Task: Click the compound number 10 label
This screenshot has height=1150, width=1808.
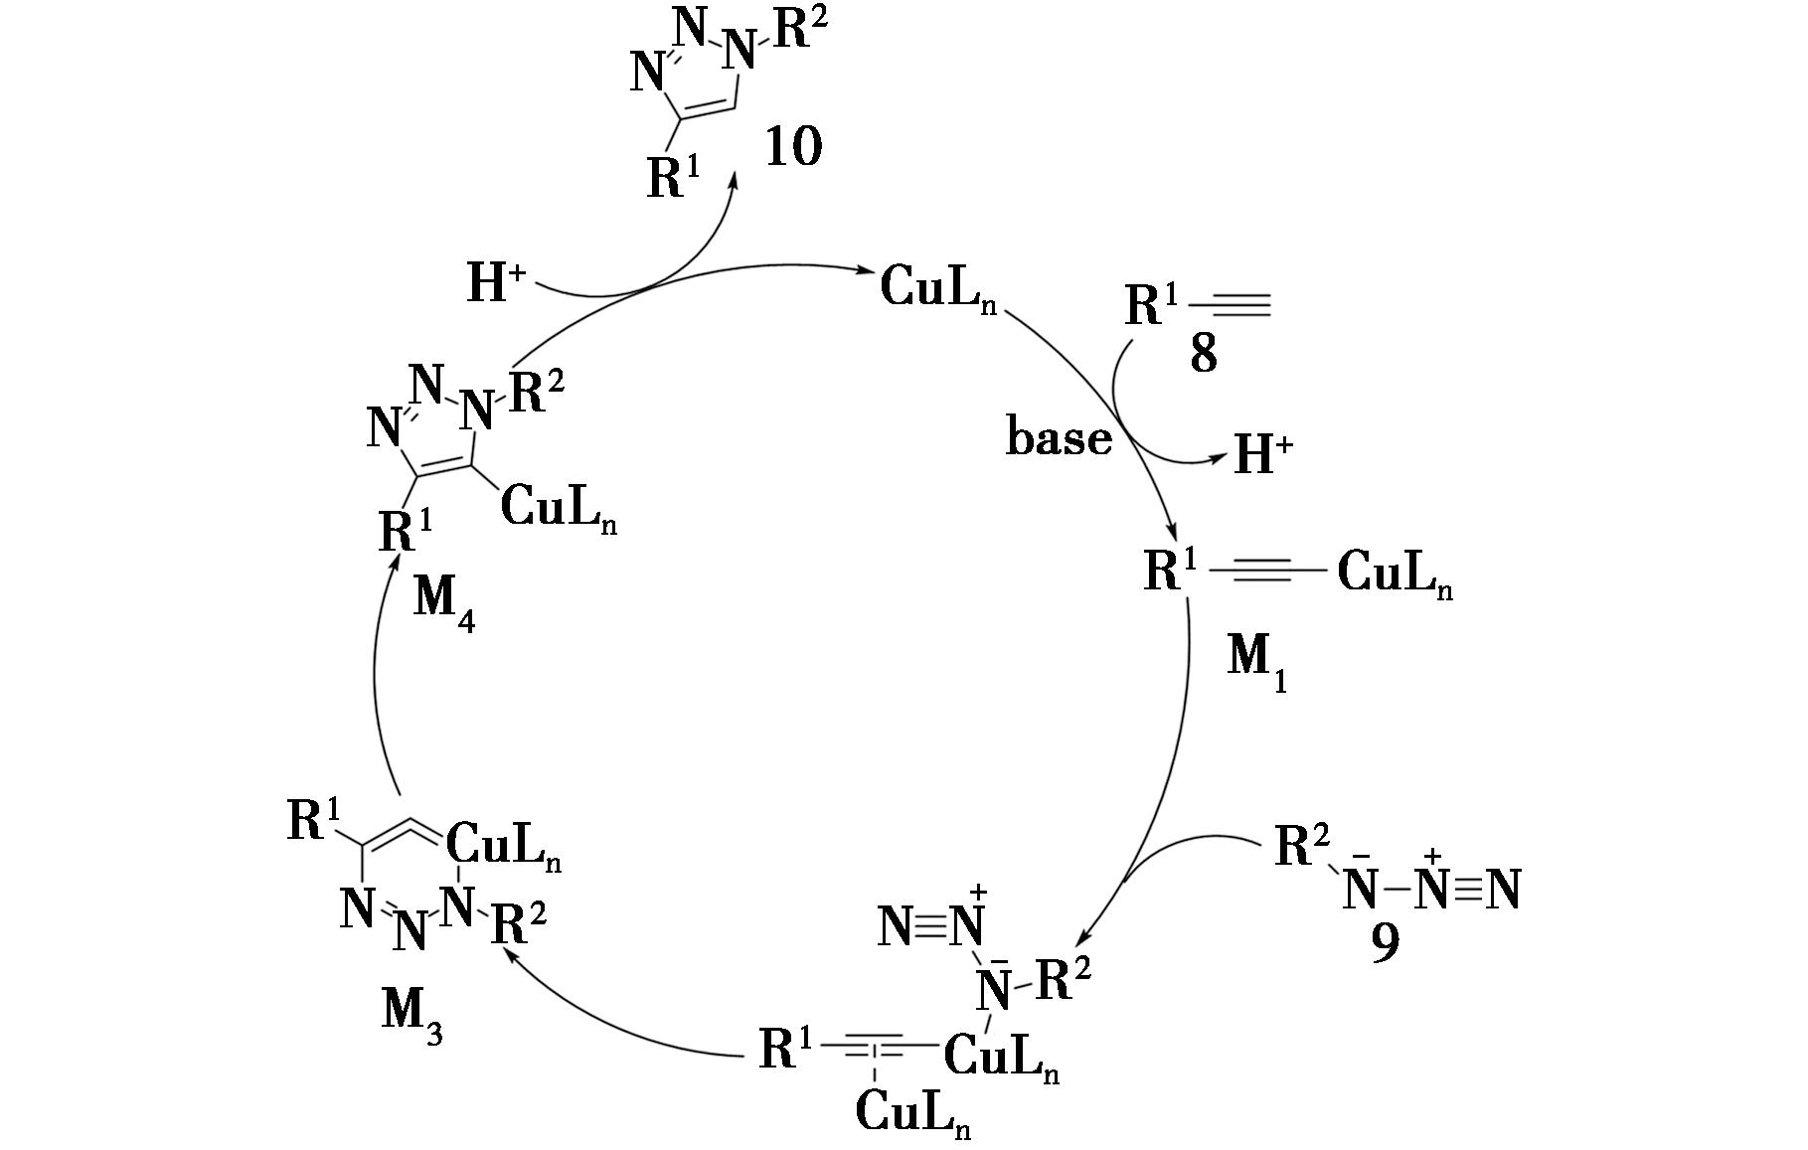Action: (x=793, y=148)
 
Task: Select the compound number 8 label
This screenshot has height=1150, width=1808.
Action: (x=1203, y=354)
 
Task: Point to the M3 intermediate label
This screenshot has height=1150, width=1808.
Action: (x=411, y=1016)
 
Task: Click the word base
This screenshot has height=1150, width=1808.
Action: (x=1059, y=437)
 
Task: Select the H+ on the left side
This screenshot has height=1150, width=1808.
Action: (x=496, y=283)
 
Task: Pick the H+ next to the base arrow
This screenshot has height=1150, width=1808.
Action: (x=1263, y=455)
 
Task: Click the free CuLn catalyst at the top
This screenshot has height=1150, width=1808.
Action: (x=937, y=289)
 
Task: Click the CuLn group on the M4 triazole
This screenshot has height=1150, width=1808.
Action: (x=558, y=508)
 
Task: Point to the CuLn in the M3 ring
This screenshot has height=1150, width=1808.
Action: (x=503, y=846)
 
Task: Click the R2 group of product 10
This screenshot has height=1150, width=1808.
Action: (x=800, y=30)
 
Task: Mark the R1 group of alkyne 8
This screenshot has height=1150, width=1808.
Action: (x=1152, y=305)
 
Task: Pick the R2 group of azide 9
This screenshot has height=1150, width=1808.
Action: (x=1302, y=847)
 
